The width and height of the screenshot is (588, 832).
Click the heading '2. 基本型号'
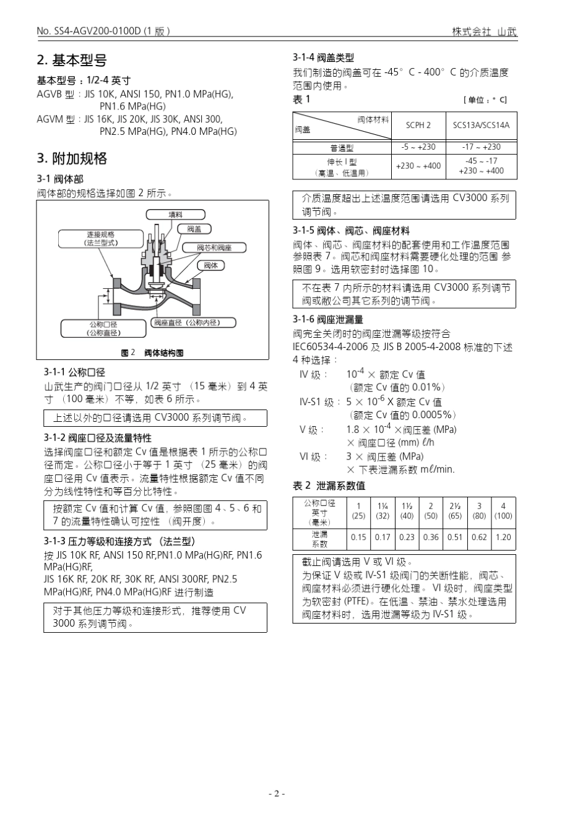click(72, 60)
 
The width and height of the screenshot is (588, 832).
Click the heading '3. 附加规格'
click(72, 158)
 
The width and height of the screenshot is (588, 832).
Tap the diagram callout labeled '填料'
click(175, 215)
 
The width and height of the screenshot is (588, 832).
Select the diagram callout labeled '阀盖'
click(194, 229)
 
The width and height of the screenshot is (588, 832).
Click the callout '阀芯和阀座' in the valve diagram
click(214, 247)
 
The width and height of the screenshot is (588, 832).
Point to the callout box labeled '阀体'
click(210, 265)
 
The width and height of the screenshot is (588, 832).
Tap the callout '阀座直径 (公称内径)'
click(194, 322)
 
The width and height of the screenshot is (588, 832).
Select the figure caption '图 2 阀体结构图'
click(152, 353)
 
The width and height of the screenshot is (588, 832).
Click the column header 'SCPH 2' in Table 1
click(418, 125)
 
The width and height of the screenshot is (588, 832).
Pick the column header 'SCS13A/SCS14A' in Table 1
click(481, 125)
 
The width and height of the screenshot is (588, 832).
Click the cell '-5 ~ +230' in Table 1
click(418, 147)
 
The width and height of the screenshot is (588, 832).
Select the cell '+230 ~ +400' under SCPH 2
click(418, 166)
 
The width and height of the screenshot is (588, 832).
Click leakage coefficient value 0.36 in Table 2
click(431, 537)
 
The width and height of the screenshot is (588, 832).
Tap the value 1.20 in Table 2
click(503, 537)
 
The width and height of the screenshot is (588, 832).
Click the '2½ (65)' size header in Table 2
click(454, 511)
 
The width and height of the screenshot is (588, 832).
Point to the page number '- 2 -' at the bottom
click(277, 794)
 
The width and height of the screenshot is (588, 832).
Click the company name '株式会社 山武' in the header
click(484, 32)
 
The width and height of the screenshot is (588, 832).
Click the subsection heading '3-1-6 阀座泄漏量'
click(328, 319)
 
